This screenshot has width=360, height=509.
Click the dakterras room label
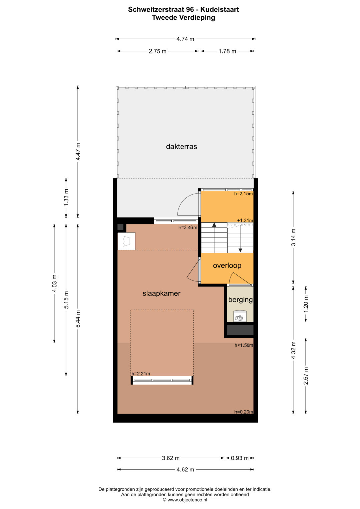coord(181,147)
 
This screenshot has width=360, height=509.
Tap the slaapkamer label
coord(161,294)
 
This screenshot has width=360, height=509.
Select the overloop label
coord(227,266)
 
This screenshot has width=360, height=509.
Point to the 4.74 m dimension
coord(185,39)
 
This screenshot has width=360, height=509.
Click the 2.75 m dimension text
coord(157,51)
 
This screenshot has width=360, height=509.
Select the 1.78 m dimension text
coord(227,51)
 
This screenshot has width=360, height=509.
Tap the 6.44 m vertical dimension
coord(78,319)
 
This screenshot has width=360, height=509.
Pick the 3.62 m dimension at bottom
coord(171,458)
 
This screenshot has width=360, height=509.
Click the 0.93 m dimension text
coord(240,458)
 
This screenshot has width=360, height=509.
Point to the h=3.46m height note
coord(188,227)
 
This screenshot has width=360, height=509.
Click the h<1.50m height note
coord(244,345)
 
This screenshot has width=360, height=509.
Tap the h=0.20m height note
coord(244,412)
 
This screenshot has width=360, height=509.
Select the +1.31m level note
coord(245,220)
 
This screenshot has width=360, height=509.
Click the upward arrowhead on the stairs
coord(214,225)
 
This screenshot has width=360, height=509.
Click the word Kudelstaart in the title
coord(220,10)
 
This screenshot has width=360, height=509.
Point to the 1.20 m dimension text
coord(306,304)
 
